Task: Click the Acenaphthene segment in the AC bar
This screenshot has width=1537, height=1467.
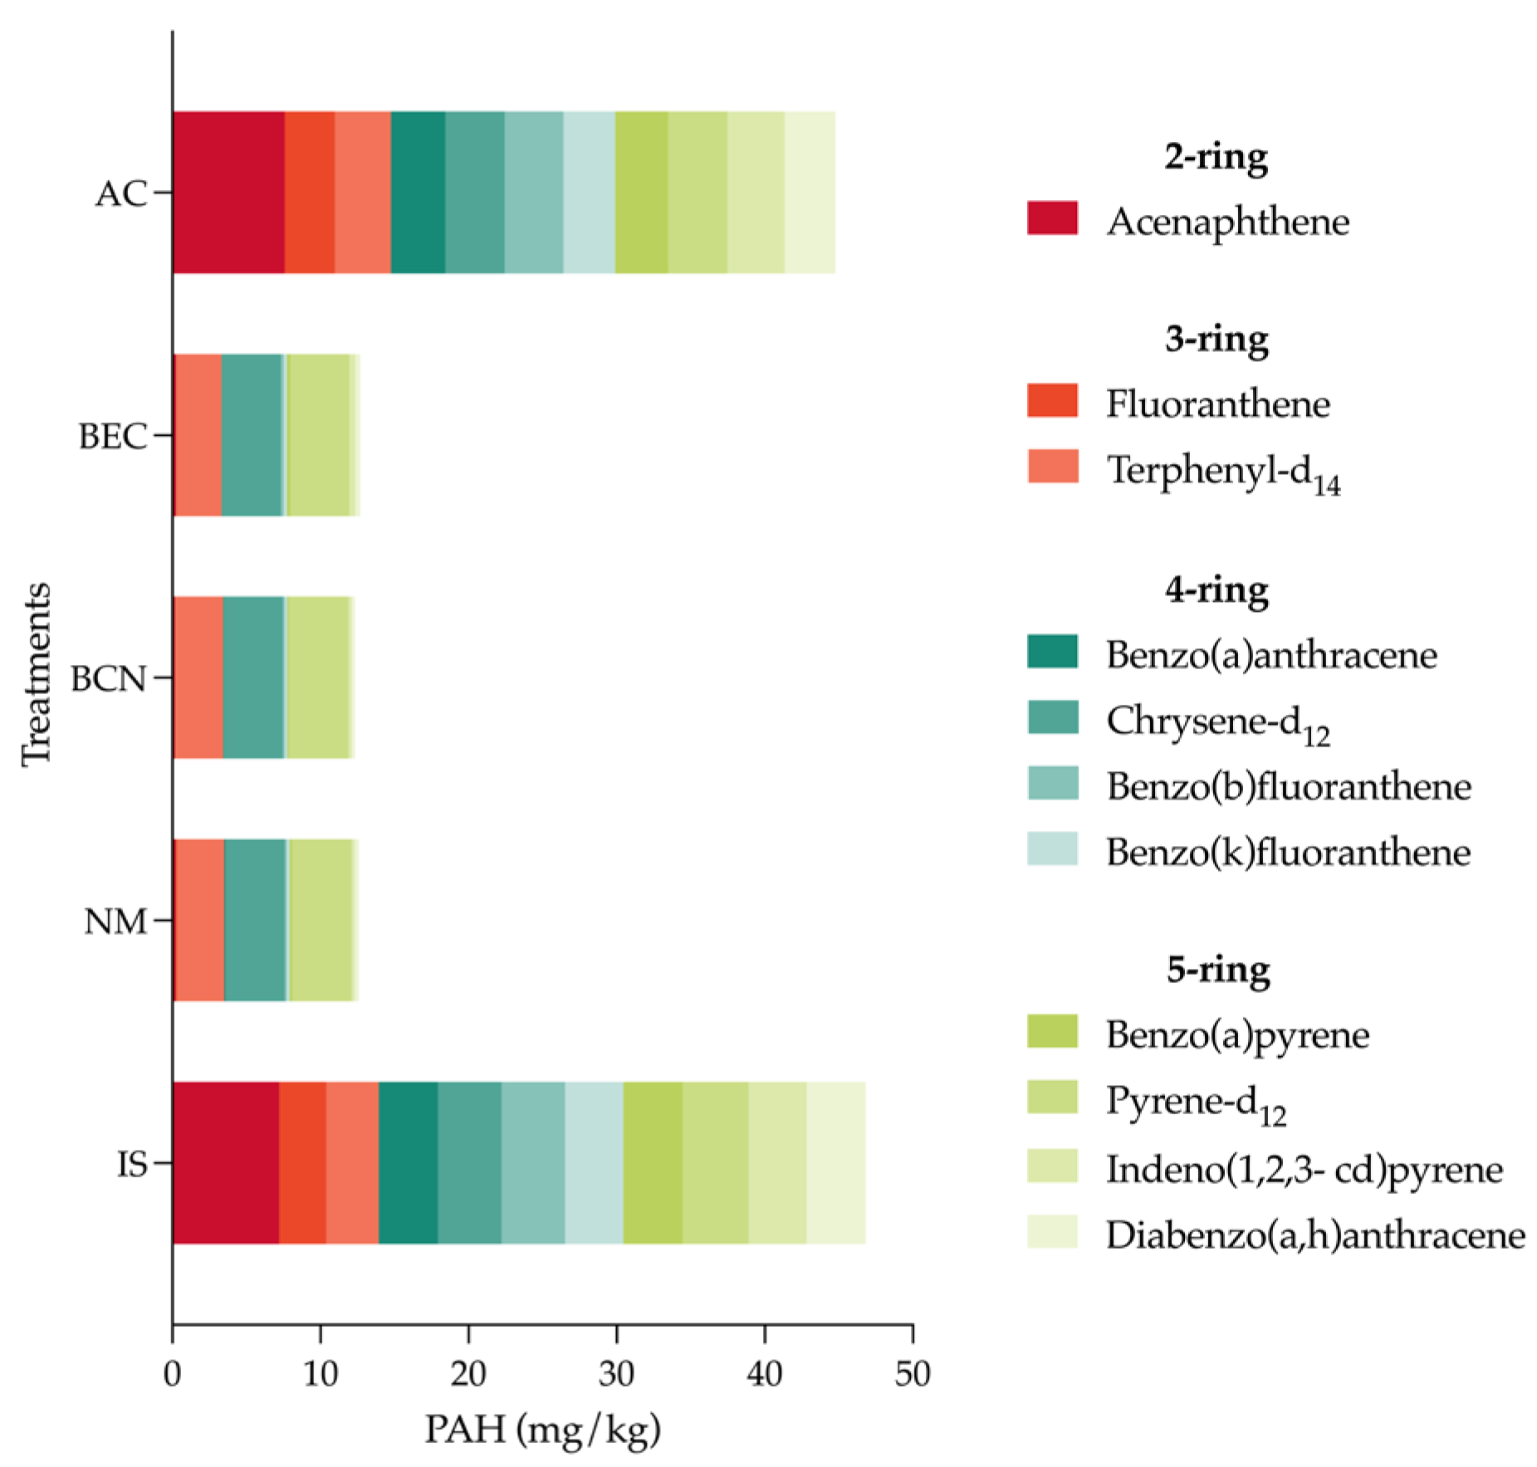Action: (x=228, y=192)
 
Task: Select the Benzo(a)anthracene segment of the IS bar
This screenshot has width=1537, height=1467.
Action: (x=408, y=1161)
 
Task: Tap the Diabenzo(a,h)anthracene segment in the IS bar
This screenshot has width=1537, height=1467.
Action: (x=835, y=1161)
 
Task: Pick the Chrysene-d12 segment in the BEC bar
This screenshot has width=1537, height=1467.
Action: (x=252, y=435)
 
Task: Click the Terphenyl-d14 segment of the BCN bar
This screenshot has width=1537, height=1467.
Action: (x=198, y=677)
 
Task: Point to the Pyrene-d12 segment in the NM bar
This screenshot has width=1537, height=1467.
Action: (x=321, y=920)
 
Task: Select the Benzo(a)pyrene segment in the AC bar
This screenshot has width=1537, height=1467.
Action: (x=641, y=192)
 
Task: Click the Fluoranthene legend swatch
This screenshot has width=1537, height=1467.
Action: (x=1052, y=400)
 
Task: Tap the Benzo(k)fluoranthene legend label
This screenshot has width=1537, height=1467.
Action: (x=1287, y=853)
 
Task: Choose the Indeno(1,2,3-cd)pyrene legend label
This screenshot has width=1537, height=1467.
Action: (x=1304, y=1170)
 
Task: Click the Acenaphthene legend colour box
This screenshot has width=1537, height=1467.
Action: (x=1052, y=218)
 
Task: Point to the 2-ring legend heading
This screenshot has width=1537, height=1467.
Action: (x=1216, y=156)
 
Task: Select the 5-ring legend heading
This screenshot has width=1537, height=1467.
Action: (x=1217, y=969)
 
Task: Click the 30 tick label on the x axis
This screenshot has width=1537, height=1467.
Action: (x=616, y=1374)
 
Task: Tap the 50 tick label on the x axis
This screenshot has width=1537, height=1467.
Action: (x=912, y=1374)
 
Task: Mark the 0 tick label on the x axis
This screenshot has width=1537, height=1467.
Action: (x=172, y=1374)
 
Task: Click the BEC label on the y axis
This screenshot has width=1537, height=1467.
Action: (x=112, y=436)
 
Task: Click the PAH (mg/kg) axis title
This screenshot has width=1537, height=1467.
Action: (x=542, y=1430)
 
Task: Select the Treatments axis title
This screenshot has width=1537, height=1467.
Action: (x=37, y=673)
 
